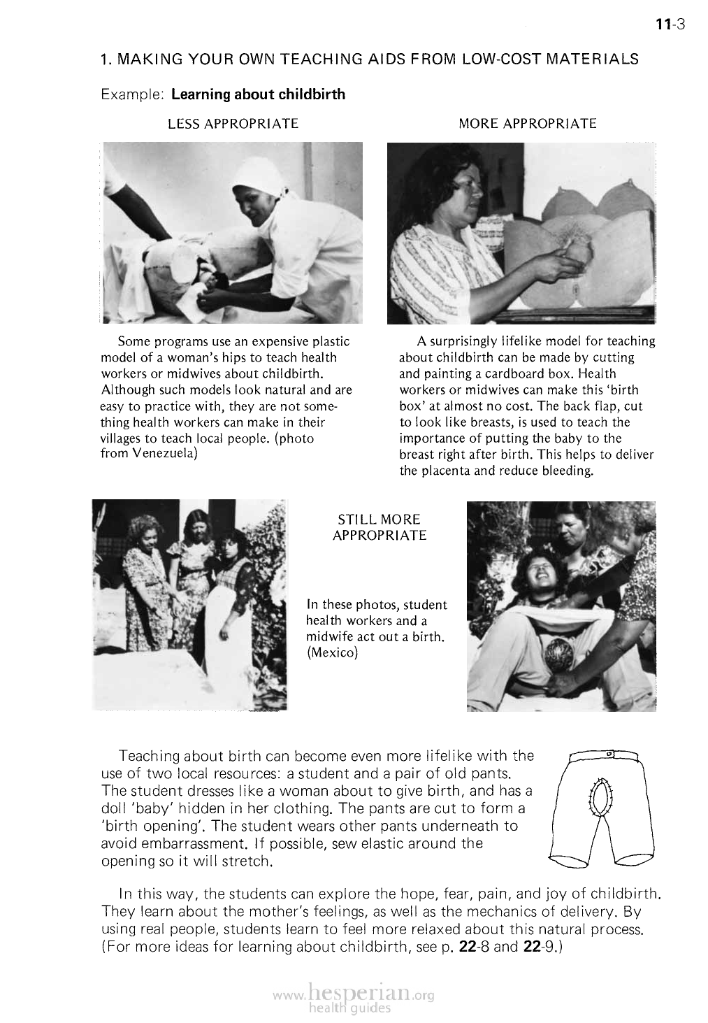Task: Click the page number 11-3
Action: pos(672,25)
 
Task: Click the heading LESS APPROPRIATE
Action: pos(233,124)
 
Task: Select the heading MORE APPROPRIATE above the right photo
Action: pos(528,124)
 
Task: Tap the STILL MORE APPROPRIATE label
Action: pos(379,528)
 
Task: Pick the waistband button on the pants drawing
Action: pos(609,754)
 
